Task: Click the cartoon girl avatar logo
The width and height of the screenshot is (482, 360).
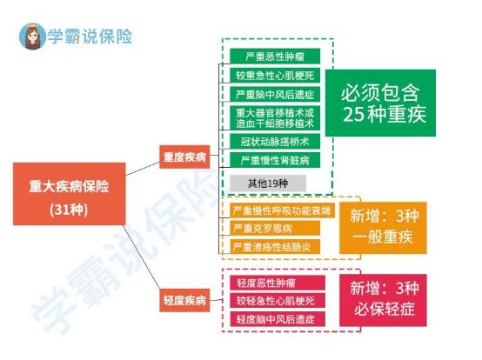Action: point(32,37)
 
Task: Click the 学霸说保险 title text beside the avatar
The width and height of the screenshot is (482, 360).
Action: point(90,37)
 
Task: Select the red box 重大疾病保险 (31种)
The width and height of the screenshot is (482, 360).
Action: point(69,194)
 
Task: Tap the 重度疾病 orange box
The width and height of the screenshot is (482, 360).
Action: point(184,157)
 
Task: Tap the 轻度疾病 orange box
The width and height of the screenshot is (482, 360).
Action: point(184,300)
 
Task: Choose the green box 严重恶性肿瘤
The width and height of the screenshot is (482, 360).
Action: point(275,57)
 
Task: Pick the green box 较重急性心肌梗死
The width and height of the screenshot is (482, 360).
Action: point(275,76)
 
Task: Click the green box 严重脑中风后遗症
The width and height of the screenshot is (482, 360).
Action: point(275,94)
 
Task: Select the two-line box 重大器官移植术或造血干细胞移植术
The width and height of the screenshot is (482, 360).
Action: point(275,118)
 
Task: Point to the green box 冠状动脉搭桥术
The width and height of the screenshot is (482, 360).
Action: point(275,141)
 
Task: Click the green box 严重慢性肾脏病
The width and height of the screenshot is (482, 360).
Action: point(275,160)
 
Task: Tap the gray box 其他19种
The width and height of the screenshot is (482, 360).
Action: point(268,183)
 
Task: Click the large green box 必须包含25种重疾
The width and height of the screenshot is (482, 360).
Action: point(380,103)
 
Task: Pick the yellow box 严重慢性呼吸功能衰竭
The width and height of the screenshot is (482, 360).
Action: point(282,210)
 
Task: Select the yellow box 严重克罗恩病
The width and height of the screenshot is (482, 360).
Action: point(275,228)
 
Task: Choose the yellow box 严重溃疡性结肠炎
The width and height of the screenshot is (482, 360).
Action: point(275,247)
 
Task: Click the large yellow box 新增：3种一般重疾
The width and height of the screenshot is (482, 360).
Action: point(383,228)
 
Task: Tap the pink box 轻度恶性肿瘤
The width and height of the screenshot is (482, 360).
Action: point(278,283)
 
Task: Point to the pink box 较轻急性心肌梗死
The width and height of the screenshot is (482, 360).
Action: point(278,301)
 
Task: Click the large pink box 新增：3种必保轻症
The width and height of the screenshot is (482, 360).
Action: point(383,300)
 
